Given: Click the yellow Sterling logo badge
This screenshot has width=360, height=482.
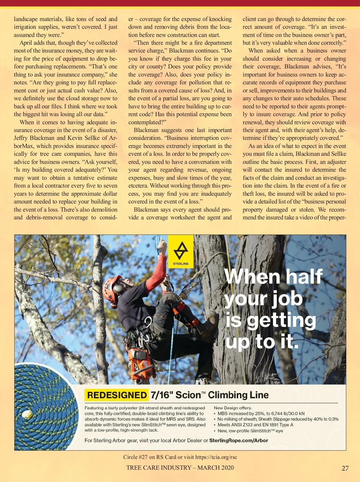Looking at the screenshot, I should (x=181, y=252).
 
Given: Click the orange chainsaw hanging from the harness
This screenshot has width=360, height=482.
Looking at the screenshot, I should (x=141, y=365).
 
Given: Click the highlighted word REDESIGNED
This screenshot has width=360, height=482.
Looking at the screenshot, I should (x=117, y=395).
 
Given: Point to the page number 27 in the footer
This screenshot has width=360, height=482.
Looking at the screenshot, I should (x=345, y=468).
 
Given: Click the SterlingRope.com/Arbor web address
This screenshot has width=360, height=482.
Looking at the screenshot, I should (x=238, y=440).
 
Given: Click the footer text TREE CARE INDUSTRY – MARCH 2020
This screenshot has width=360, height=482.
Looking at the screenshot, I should (x=180, y=468).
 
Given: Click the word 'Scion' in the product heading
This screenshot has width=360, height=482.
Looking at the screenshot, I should (x=188, y=395).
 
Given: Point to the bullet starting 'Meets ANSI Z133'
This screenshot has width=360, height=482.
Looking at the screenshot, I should (x=255, y=425).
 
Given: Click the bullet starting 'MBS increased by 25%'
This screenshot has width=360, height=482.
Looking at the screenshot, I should (x=261, y=413).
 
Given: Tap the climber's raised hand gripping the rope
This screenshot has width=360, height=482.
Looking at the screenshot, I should (x=162, y=246).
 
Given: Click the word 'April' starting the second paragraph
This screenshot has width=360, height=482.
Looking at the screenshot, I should (x=26, y=43).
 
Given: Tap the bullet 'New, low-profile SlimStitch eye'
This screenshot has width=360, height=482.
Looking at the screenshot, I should (x=250, y=431).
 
